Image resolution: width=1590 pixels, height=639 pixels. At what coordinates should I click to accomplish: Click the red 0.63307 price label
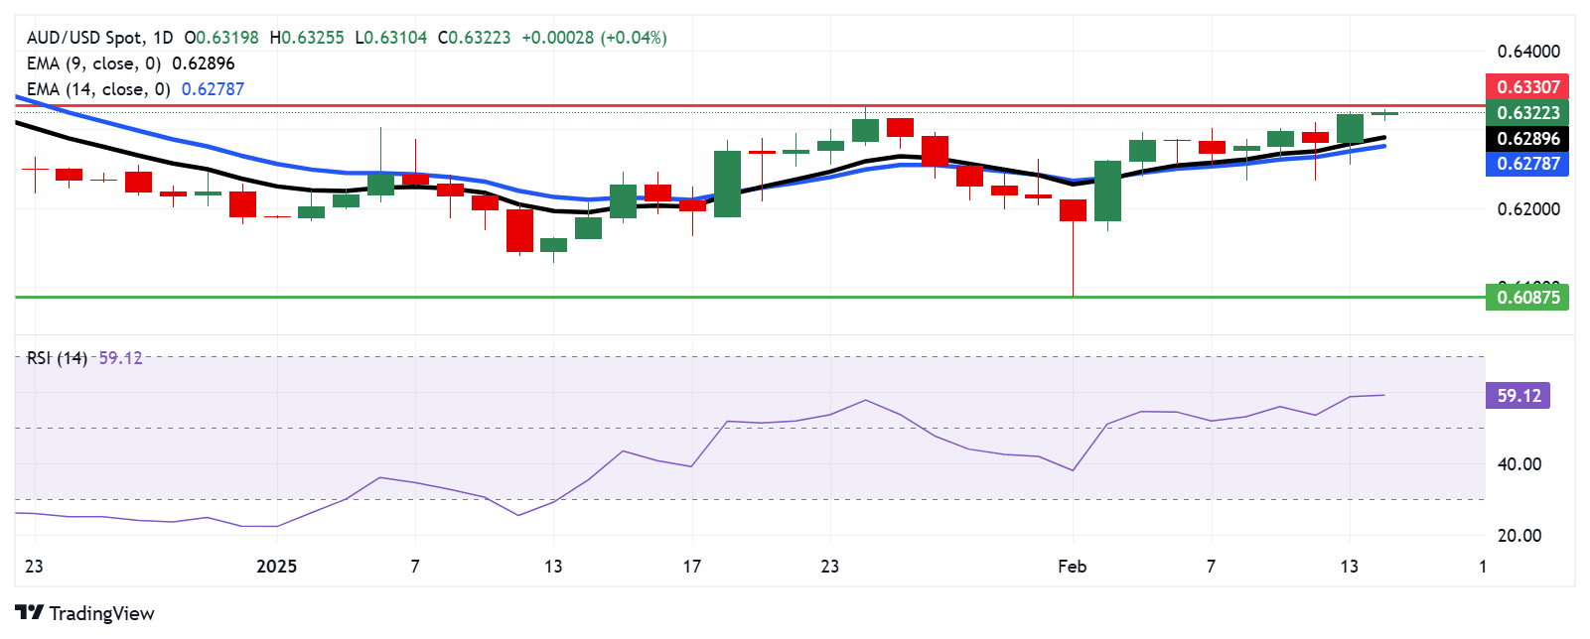(x=1527, y=86)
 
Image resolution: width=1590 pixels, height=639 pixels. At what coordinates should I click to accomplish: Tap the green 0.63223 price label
(x=1527, y=112)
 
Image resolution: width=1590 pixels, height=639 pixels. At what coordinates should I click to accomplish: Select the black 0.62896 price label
(x=1527, y=138)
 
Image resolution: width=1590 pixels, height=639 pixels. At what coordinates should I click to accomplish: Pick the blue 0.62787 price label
(x=1527, y=163)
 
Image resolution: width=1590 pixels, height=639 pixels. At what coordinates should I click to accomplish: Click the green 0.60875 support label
(x=1527, y=297)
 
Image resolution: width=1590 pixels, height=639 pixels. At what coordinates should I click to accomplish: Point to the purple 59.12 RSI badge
(x=1518, y=396)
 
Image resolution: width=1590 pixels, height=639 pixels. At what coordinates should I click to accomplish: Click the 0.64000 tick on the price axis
(x=1527, y=52)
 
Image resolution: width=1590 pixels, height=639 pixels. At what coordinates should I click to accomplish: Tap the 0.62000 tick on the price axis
(x=1527, y=209)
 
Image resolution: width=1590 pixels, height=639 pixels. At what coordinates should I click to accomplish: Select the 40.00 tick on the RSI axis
(x=1518, y=463)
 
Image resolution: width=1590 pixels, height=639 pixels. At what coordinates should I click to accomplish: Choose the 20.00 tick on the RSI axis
(x=1518, y=536)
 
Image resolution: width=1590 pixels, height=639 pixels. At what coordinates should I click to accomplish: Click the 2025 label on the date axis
(x=276, y=567)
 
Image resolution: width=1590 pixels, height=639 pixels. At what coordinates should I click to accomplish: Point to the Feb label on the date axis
(x=1073, y=567)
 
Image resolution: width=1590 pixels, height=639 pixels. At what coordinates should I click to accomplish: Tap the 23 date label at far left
(x=34, y=567)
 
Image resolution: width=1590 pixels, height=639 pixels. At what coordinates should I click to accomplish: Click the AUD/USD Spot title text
(x=84, y=38)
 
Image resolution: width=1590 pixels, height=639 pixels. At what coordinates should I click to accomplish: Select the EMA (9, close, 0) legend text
(x=93, y=64)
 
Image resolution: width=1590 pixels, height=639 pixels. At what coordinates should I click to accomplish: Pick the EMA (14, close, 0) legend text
(x=97, y=89)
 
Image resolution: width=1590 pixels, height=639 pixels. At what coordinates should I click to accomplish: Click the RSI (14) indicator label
(x=57, y=358)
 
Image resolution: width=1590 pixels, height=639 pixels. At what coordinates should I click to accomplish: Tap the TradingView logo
(x=85, y=613)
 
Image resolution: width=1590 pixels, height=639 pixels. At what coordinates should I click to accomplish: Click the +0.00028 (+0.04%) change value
(x=594, y=38)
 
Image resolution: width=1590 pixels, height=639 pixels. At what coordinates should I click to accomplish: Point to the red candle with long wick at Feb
(x=1073, y=210)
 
